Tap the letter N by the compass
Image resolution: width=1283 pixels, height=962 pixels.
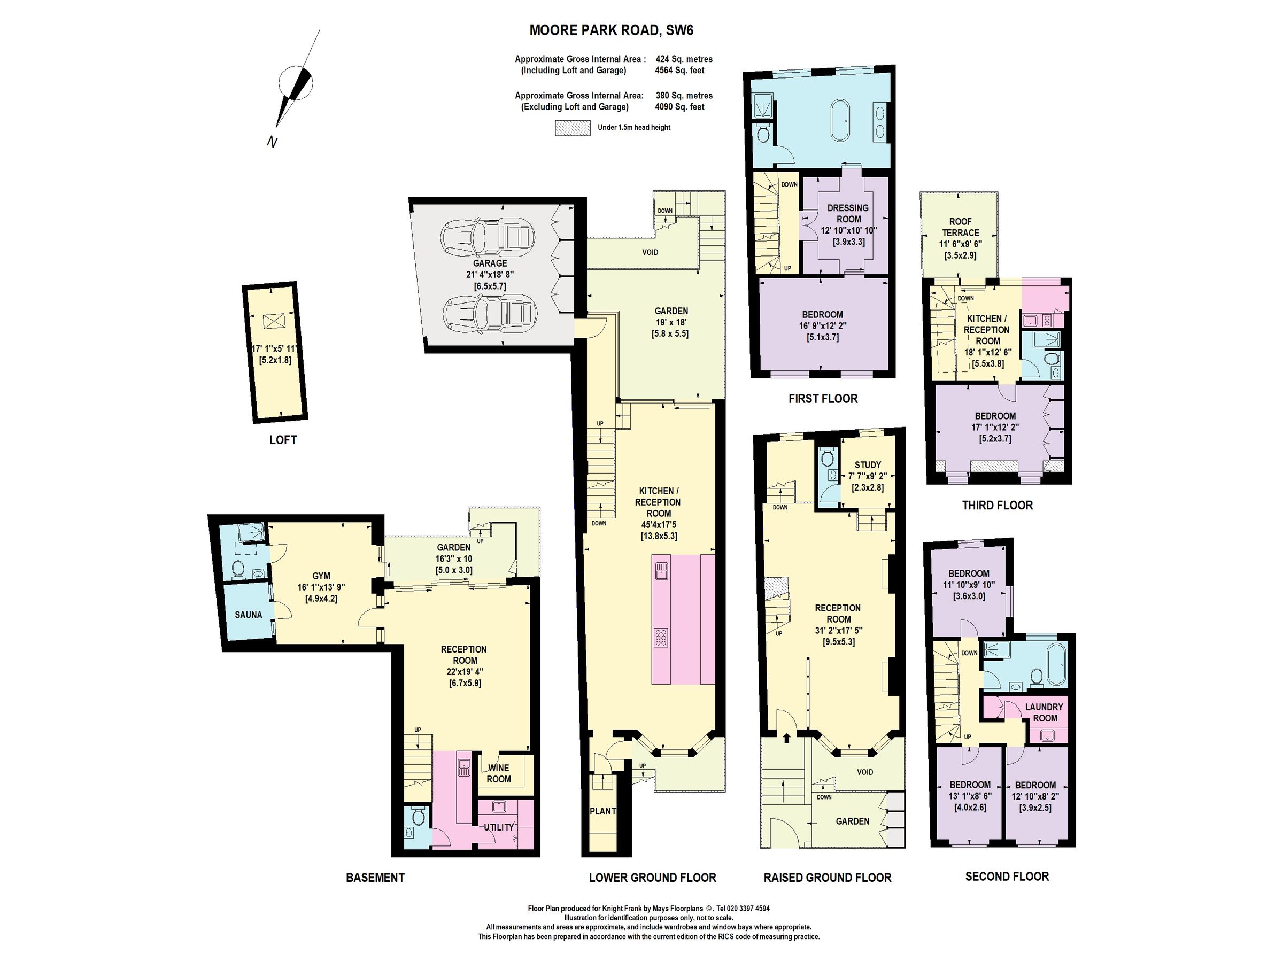click(x=272, y=142)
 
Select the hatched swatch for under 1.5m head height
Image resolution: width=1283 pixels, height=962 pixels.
click(x=573, y=128)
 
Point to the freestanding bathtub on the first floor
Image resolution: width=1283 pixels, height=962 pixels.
click(x=839, y=121)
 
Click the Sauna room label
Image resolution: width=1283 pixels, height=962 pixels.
click(x=248, y=615)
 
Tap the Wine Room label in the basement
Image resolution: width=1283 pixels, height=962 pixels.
click(x=498, y=773)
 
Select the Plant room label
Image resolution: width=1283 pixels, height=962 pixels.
click(x=602, y=811)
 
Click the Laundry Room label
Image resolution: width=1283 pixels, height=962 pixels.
click(x=1044, y=712)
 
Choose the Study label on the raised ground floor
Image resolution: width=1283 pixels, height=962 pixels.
click(x=868, y=465)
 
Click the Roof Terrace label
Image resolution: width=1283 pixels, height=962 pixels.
click(x=961, y=227)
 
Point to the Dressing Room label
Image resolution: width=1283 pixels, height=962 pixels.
click(x=848, y=213)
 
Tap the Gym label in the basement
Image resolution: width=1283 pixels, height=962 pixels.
click(x=321, y=576)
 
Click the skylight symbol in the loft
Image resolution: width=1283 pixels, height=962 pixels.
click(x=271, y=321)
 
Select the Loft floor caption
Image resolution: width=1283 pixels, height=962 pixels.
click(x=283, y=440)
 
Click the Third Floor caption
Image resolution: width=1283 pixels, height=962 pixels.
click(x=998, y=505)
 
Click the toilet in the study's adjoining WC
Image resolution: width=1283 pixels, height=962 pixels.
click(x=828, y=456)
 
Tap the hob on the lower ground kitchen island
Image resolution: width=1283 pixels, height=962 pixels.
click(x=661, y=637)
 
